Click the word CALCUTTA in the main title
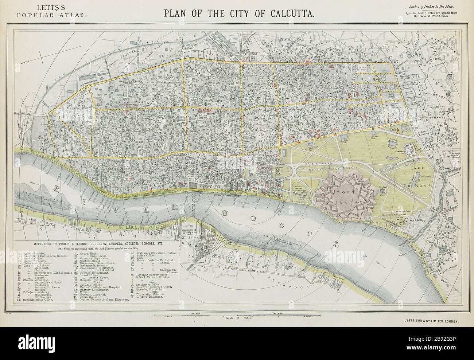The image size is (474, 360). [287, 13]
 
